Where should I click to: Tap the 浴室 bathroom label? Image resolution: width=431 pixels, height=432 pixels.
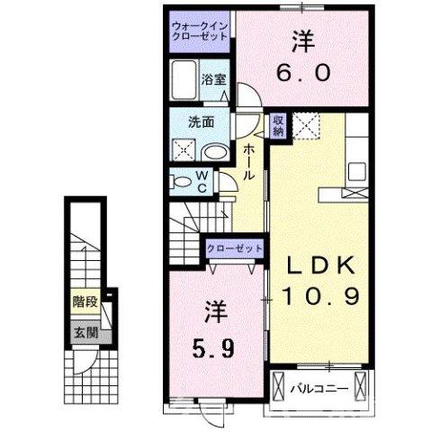tap(213, 79)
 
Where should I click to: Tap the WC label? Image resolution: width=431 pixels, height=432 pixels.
tap(202, 181)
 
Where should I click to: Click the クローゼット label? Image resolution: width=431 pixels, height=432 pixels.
tap(236, 248)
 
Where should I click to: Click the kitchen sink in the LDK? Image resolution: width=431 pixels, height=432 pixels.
tap(354, 169)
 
